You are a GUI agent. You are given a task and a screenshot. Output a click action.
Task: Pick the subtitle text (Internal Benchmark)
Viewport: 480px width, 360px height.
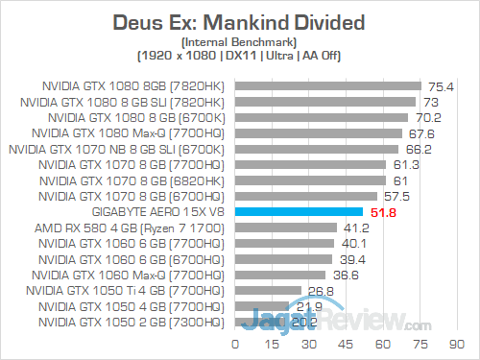[239, 40]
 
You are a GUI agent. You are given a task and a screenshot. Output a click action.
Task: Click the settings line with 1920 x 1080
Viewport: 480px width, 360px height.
[239, 56]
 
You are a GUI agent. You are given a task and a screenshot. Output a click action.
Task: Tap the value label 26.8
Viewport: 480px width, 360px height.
[320, 290]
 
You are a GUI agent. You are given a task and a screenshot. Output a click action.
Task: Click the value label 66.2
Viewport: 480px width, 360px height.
[418, 149]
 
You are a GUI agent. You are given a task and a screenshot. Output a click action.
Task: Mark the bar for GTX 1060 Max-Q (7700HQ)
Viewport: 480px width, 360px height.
[280, 275]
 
